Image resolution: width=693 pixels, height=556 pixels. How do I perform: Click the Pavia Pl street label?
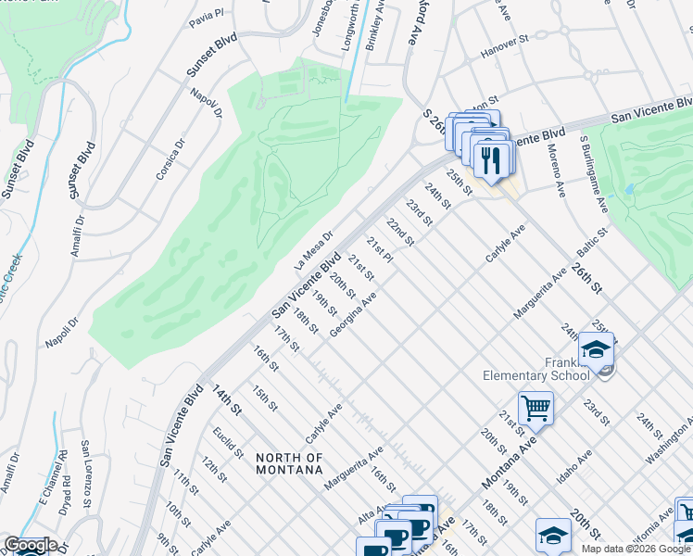207,15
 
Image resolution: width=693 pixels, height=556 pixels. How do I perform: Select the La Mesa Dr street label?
313,250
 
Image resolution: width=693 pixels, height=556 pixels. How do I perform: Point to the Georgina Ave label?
353,317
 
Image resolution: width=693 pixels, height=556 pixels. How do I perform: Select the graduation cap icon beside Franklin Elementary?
596,348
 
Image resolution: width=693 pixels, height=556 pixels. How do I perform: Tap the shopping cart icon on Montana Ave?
535,407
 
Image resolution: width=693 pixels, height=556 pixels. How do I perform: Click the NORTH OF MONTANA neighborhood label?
289,463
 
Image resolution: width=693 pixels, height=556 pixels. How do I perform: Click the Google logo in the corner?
31,546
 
